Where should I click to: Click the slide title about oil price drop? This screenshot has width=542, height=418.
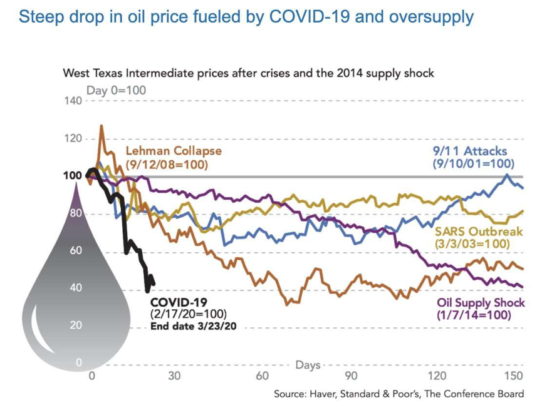click(246, 17)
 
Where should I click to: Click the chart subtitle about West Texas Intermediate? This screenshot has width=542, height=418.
click(248, 73)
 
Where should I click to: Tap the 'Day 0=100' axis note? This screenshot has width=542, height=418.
click(116, 90)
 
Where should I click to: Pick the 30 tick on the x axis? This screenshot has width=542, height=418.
click(174, 376)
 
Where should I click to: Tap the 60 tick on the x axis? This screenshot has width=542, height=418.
click(262, 376)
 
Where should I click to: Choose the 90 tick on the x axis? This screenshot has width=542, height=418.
click(350, 376)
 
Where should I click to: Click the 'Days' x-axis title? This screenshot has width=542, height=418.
click(308, 365)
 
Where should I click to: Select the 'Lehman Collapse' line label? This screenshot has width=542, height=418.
click(174, 151)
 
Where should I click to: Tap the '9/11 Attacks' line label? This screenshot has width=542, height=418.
click(470, 151)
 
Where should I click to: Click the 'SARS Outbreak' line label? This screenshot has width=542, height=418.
click(479, 232)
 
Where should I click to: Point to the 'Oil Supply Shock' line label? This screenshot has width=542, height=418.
click(480, 303)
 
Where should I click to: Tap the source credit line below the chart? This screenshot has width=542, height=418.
click(399, 394)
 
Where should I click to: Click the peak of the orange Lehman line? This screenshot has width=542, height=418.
click(102, 126)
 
